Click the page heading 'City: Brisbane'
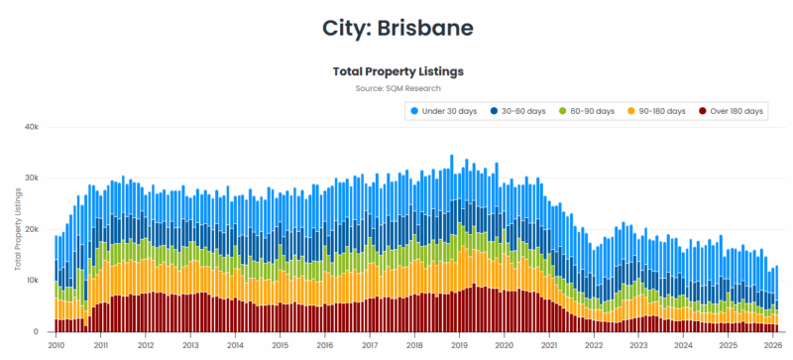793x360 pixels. (396, 27)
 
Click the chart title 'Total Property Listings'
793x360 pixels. (396, 71)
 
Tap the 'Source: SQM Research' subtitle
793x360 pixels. (396, 88)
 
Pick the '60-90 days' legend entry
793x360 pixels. (590, 111)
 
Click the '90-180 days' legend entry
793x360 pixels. (658, 111)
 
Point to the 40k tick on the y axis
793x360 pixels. (32, 127)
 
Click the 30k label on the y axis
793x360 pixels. (32, 179)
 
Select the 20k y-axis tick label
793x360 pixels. (32, 229)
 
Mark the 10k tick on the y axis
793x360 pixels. (32, 281)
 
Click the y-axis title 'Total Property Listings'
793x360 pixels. (18, 230)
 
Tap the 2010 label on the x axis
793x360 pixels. (56, 346)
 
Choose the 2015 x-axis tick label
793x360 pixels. (280, 346)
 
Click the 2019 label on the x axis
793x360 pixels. (459, 346)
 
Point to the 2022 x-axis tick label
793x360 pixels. (593, 346)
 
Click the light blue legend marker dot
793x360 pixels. (414, 111)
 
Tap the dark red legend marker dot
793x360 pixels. (703, 111)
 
